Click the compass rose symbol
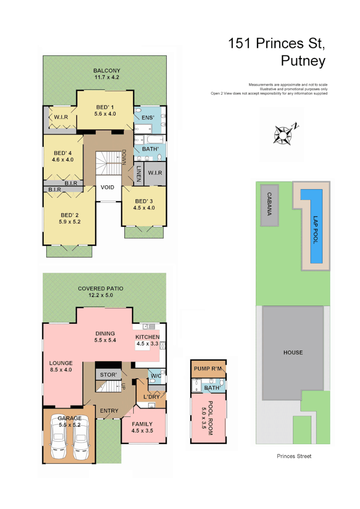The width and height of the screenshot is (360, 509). coord(284,134)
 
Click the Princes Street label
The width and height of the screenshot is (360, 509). coord(294,456)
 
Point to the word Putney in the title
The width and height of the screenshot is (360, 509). coord(303,61)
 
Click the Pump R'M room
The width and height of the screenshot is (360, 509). coord(208,369)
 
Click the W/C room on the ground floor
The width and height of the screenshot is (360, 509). coord(155,376)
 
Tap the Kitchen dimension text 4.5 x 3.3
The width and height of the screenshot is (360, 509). coord(147,343)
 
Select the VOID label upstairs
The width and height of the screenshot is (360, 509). coord(108,187)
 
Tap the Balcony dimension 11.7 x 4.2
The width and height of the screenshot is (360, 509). coord(107,77)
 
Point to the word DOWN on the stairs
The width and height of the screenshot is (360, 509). coord(124,157)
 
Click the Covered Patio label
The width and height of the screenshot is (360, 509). coord(101,289)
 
